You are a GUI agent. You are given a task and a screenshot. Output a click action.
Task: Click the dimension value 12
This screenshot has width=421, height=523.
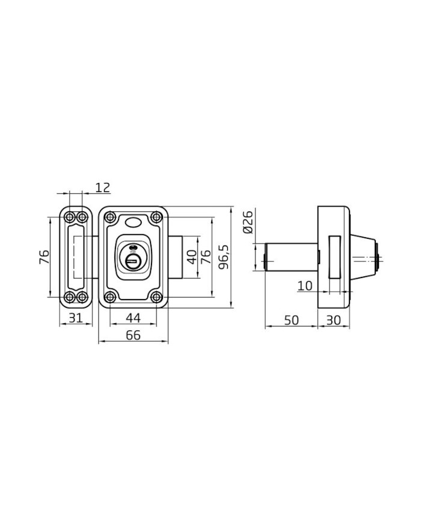coord(103,188)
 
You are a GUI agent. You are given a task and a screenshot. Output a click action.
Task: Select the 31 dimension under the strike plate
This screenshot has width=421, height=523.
coord(75,318)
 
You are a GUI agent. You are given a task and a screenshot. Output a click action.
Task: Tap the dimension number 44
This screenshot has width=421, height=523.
coord(133,318)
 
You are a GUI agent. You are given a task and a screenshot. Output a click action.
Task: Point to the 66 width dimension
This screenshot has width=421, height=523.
coord(134,335)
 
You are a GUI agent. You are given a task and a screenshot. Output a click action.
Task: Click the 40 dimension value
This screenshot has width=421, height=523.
coord(192,257)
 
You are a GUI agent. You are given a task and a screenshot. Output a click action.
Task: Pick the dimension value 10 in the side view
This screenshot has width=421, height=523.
coord(305,285)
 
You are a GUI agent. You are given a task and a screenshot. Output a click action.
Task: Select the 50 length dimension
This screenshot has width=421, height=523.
coord(291,320)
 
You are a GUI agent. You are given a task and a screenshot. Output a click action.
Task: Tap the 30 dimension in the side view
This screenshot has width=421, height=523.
coord(333,320)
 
